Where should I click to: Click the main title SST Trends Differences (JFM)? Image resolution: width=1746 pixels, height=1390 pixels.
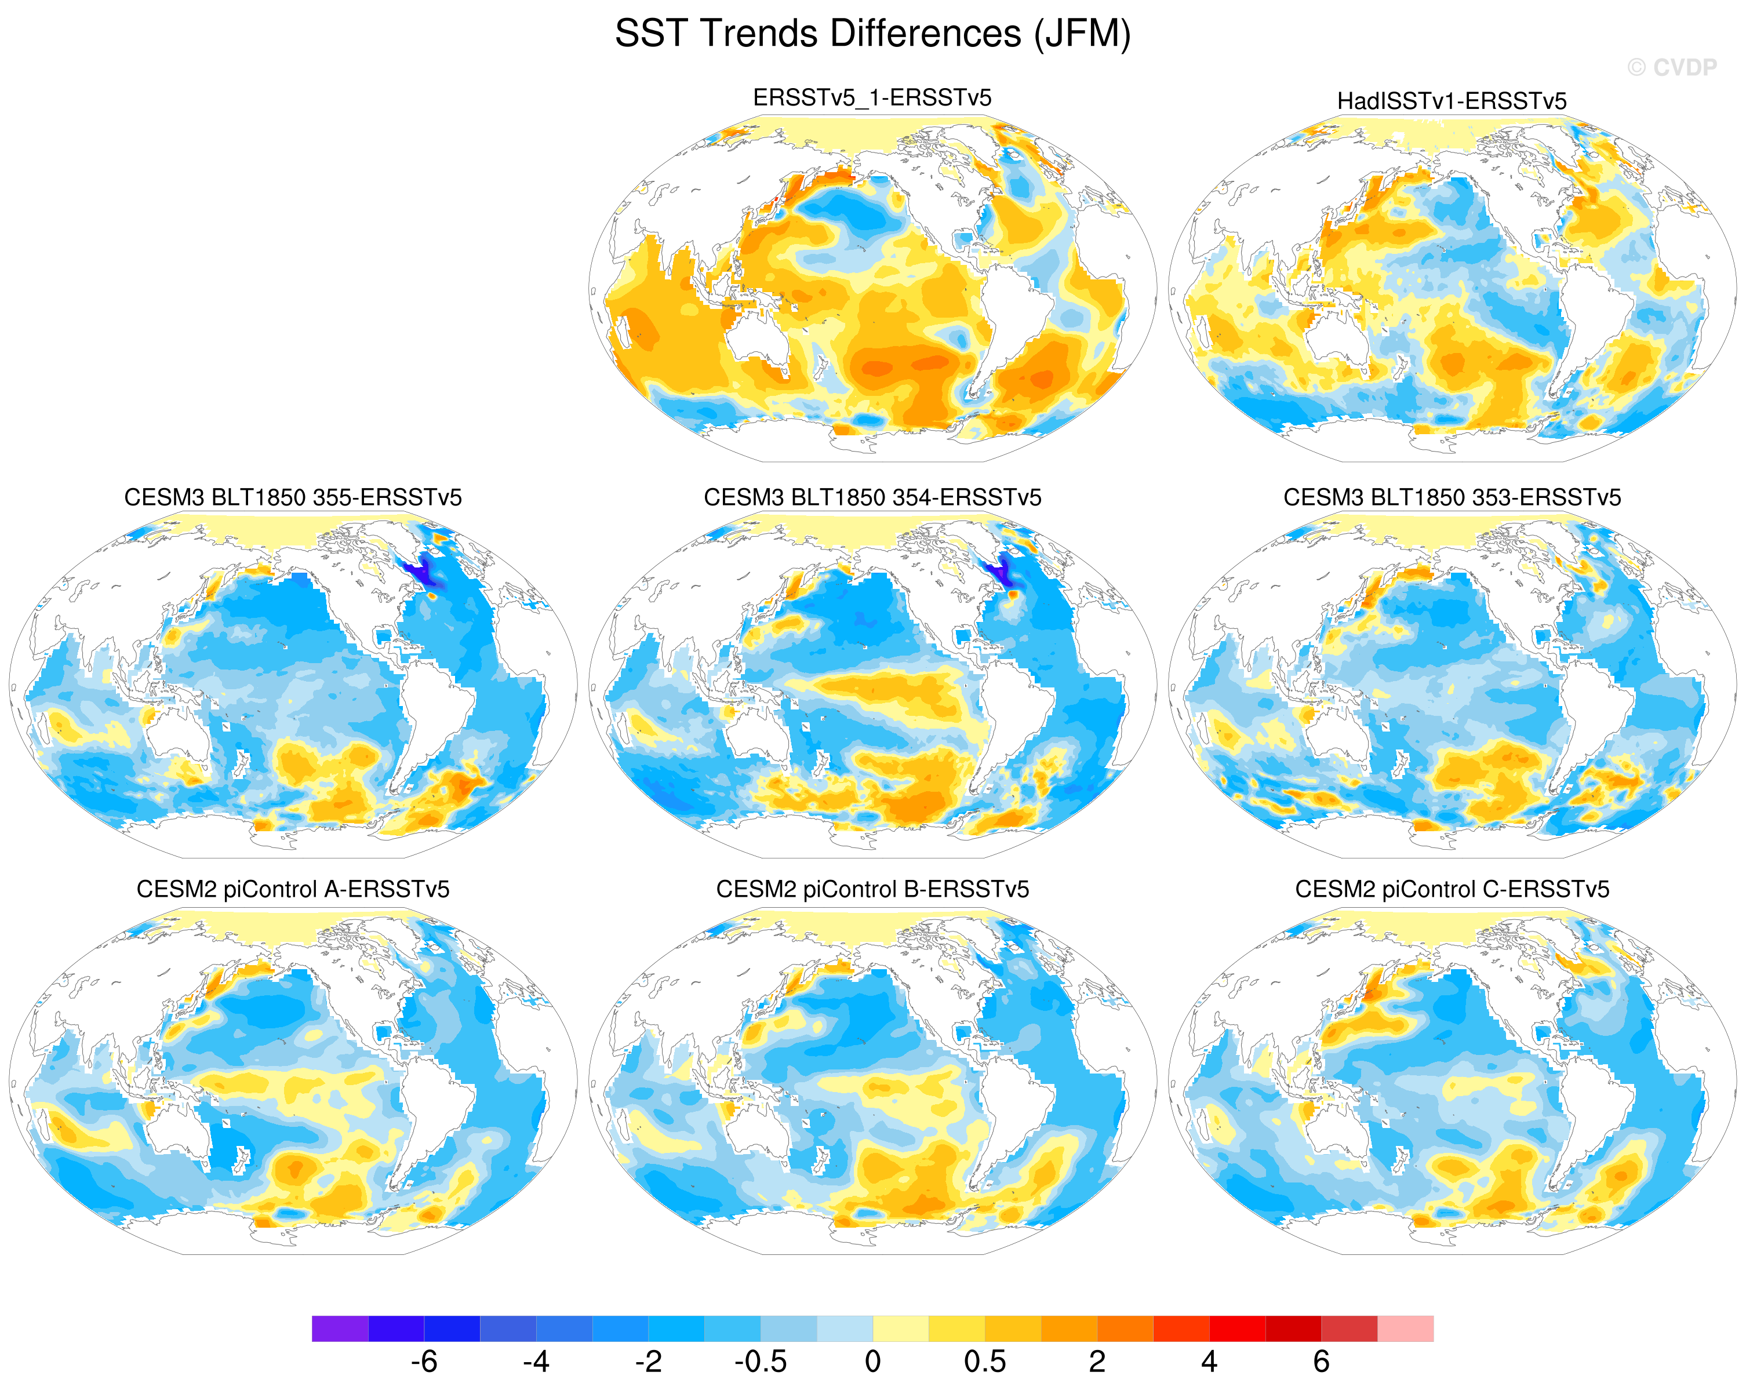pyautogui.click(x=872, y=34)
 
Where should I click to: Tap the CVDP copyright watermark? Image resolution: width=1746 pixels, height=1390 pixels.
pyautogui.click(x=1671, y=67)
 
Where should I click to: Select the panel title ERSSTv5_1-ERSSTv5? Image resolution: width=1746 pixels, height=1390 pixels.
pyautogui.click(x=872, y=98)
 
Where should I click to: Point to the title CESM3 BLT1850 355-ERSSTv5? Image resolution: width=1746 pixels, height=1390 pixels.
pyautogui.click(x=293, y=497)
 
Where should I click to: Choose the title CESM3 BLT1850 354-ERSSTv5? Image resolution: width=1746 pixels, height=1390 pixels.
pyautogui.click(x=872, y=497)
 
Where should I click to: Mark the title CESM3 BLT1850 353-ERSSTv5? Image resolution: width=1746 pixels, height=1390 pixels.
pyautogui.click(x=1452, y=497)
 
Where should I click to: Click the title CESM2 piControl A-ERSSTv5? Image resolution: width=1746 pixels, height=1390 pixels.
pyautogui.click(x=293, y=889)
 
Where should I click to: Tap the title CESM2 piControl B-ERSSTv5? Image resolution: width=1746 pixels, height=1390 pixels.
pyautogui.click(x=872, y=889)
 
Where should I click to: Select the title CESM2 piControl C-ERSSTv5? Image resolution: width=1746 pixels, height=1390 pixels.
pyautogui.click(x=1452, y=889)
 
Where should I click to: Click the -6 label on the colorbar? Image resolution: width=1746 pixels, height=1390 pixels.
pyautogui.click(x=424, y=1362)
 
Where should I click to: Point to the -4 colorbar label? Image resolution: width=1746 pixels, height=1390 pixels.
pyautogui.click(x=536, y=1362)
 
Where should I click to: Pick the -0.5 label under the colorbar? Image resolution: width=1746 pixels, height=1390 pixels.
pyautogui.click(x=761, y=1362)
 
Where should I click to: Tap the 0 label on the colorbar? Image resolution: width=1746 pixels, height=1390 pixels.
pyautogui.click(x=872, y=1362)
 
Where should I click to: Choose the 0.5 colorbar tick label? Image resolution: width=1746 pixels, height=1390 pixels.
pyautogui.click(x=985, y=1362)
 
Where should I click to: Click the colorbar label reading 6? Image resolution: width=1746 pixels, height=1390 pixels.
pyautogui.click(x=1322, y=1362)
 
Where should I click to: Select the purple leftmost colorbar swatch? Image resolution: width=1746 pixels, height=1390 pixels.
pyautogui.click(x=340, y=1329)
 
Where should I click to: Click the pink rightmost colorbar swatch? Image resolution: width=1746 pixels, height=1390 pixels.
pyautogui.click(x=1406, y=1329)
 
